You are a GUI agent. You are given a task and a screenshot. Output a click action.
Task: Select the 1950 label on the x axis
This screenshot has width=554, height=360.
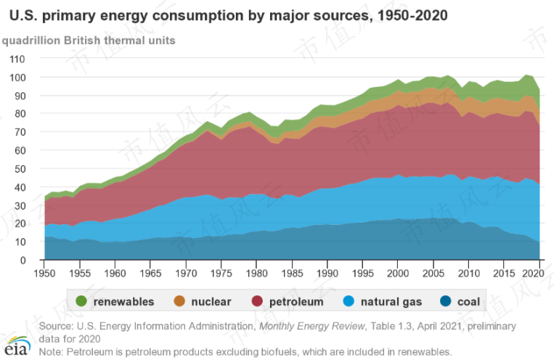point(45,273)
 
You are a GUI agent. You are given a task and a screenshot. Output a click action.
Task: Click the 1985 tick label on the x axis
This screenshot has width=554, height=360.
point(291,273)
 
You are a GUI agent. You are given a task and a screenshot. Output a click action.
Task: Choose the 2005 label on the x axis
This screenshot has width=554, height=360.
point(432,273)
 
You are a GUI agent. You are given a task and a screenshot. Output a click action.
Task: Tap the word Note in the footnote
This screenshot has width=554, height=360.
point(51,352)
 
